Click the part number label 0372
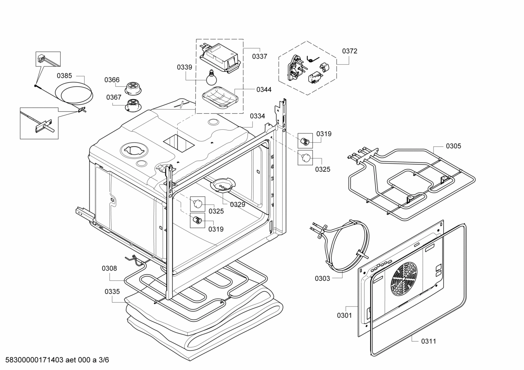(349, 51)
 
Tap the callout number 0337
(259, 56)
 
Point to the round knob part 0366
(131, 88)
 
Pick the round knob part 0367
(132, 105)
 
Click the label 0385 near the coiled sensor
(64, 76)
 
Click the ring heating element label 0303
(322, 278)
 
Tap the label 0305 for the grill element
(453, 146)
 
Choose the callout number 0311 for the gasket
(428, 341)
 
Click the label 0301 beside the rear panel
(344, 315)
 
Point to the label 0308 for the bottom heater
(109, 268)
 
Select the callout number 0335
(112, 292)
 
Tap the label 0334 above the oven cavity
(257, 116)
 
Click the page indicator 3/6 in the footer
(104, 360)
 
